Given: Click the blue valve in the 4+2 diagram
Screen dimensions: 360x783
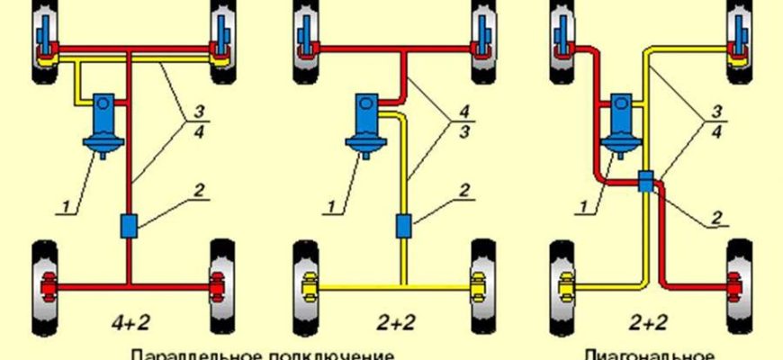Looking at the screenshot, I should click(x=129, y=225).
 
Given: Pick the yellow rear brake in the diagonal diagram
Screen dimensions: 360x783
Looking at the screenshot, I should click(x=566, y=288).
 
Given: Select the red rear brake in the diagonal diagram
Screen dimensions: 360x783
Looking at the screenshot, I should click(x=740, y=288).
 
